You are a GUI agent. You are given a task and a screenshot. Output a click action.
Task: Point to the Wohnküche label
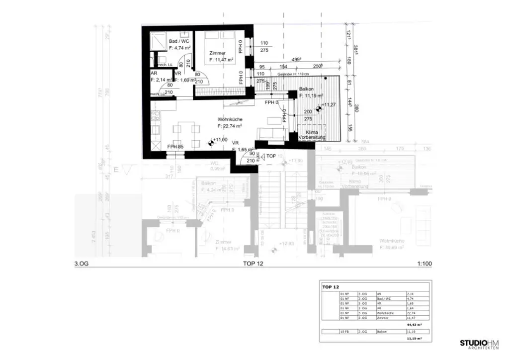click(x=230, y=120)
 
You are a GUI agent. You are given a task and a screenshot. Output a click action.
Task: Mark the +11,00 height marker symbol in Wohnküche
click(x=211, y=143)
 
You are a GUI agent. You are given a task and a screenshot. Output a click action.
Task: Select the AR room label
click(x=154, y=73)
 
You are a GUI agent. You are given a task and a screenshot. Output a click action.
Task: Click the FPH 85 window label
click(x=175, y=147)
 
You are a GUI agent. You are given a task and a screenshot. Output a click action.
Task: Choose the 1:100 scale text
click(x=424, y=264)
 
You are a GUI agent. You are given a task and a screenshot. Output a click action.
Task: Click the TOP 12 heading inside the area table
click(x=330, y=287)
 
